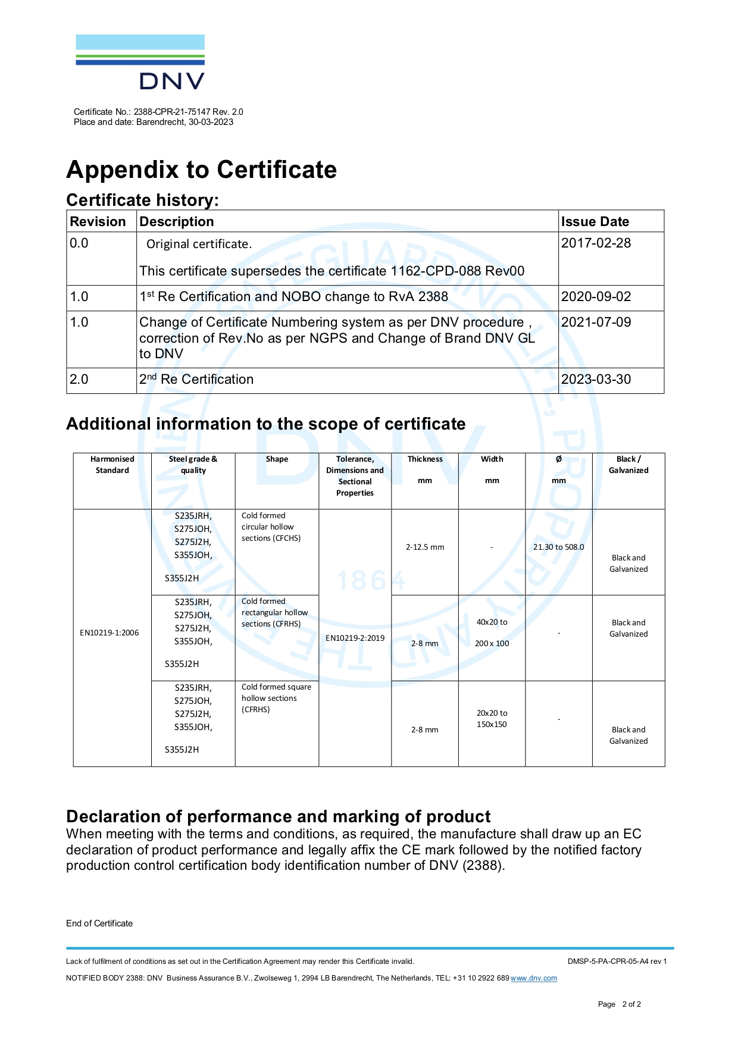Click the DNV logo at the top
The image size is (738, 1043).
tap(140, 62)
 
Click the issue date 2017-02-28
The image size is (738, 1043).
tap(596, 243)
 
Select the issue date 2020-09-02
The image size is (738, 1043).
tap(596, 296)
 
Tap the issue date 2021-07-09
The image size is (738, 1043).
tap(596, 322)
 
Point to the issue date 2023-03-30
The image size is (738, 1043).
tap(596, 379)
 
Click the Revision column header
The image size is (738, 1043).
tap(98, 221)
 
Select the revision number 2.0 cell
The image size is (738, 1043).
tap(79, 379)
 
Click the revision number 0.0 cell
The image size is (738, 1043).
tap(79, 243)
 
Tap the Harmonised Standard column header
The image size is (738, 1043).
tap(112, 465)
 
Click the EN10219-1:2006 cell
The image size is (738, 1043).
tap(110, 632)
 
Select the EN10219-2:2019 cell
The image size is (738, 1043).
tap(355, 638)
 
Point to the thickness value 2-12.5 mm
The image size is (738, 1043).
tap(425, 547)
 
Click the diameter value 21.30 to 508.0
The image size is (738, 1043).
tap(558, 547)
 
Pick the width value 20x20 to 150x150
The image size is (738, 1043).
tap(492, 719)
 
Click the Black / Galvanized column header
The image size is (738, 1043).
tap(628, 465)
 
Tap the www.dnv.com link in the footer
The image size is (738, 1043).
tap(534, 978)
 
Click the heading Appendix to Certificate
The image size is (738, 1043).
tap(202, 170)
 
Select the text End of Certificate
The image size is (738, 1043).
tap(99, 923)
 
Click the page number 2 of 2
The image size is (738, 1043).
tap(631, 1004)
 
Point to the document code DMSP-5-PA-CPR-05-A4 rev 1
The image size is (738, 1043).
tap(617, 961)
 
